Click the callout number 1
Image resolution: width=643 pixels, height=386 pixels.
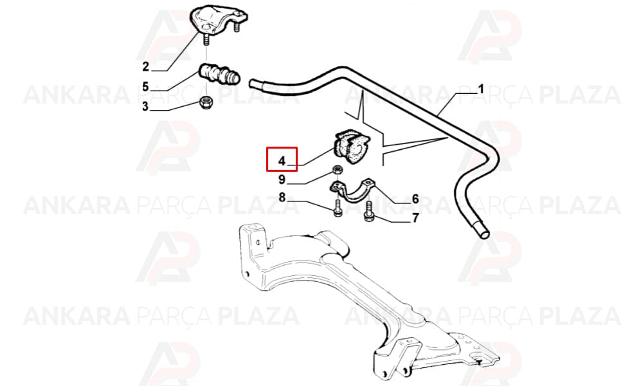click(x=480, y=89)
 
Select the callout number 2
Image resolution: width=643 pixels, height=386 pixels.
click(x=145, y=66)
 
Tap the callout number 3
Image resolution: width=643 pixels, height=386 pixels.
click(x=145, y=107)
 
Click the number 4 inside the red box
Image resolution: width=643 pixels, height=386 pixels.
click(x=282, y=161)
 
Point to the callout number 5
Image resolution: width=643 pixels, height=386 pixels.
click(x=145, y=87)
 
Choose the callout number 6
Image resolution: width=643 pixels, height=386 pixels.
click(x=415, y=199)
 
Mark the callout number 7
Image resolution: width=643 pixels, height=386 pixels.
click(x=415, y=218)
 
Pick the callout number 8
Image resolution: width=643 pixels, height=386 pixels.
click(x=282, y=198)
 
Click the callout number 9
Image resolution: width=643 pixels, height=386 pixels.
click(x=282, y=179)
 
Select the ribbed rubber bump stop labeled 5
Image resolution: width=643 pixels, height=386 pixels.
click(x=219, y=75)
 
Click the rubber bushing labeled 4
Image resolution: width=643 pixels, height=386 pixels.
click(x=352, y=146)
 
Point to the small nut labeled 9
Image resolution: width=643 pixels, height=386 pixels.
click(x=338, y=169)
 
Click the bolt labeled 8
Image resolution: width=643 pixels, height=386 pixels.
click(x=338, y=208)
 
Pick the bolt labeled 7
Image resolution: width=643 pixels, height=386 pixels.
click(x=368, y=212)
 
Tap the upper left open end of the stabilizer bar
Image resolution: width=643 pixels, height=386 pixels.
click(x=253, y=84)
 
